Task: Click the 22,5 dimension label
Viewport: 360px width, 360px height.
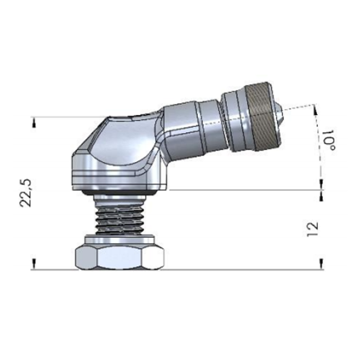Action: [25, 193]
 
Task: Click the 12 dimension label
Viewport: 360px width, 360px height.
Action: [313, 229]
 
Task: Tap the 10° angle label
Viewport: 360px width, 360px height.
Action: [329, 140]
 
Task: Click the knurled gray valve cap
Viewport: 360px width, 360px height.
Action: [263, 117]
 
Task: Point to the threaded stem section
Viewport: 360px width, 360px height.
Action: [120, 220]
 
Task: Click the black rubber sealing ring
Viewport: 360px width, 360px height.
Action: [120, 193]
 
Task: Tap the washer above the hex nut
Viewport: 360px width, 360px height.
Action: [119, 239]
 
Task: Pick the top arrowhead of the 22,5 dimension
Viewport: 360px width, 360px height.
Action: [34, 122]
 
